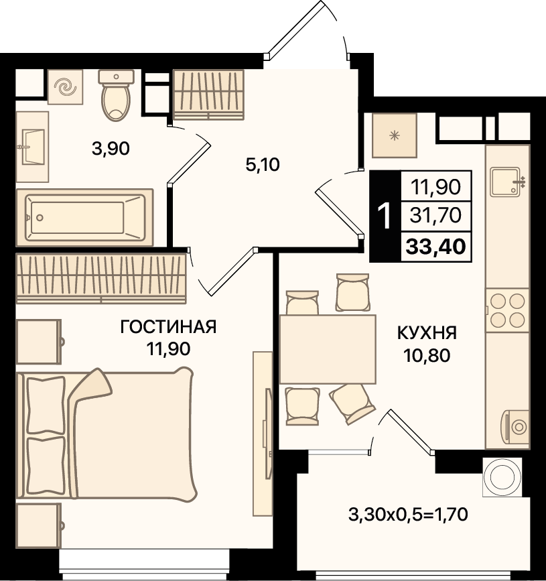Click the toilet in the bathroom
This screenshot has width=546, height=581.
pos(116,95)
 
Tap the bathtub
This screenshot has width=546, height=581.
pos(85,218)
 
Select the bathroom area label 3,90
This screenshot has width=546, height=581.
pos(111,149)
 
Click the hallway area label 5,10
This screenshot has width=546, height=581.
pos(263,164)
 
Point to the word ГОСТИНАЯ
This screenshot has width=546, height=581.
pos(168,327)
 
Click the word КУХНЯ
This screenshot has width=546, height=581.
pos(427,333)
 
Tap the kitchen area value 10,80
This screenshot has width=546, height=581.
pos(427,355)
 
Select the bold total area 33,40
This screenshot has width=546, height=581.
pos(435,247)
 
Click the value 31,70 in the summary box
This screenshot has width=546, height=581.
pos(435,215)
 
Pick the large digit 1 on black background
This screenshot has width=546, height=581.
pos(385,216)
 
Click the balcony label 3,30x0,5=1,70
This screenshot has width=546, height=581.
pos(408,514)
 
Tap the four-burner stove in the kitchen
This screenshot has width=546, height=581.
pos(507,310)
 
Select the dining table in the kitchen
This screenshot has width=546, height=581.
pos(328,349)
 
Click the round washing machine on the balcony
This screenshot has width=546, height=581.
pos(502,477)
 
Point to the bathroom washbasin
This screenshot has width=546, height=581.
pos(33,147)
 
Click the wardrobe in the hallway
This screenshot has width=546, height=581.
pos(208,94)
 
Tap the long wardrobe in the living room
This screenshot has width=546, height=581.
pos(101,278)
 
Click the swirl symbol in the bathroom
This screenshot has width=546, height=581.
pos(65,87)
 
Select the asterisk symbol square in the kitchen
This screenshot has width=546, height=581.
pos(395,135)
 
